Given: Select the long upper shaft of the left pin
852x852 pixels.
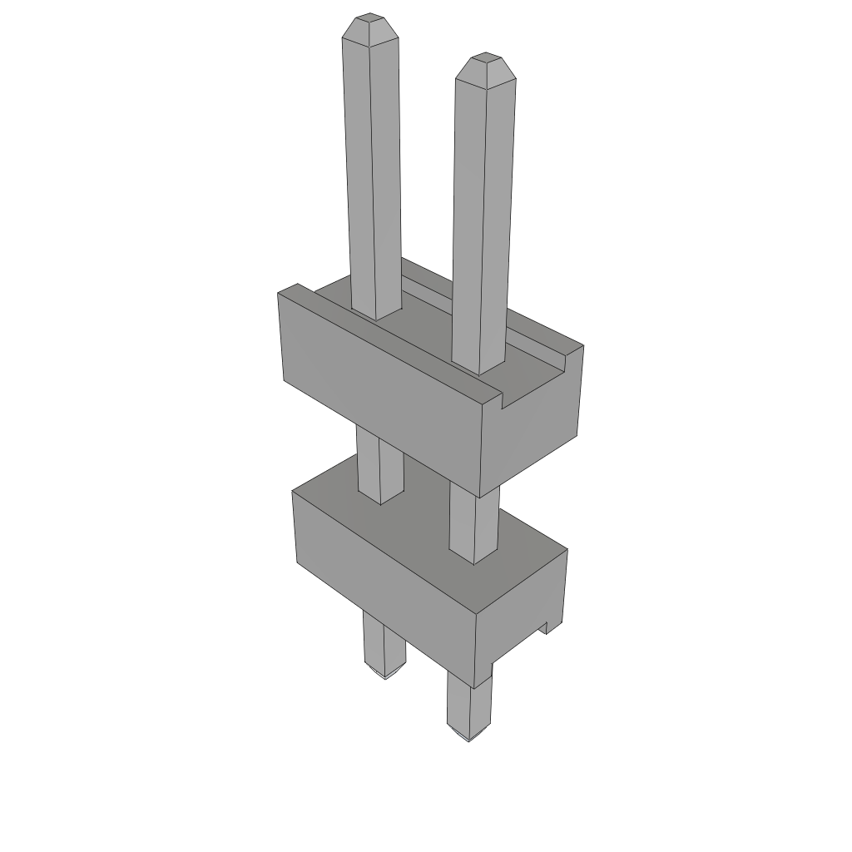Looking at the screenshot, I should coord(373,166).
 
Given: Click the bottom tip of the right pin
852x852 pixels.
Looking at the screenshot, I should coord(468,737).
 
